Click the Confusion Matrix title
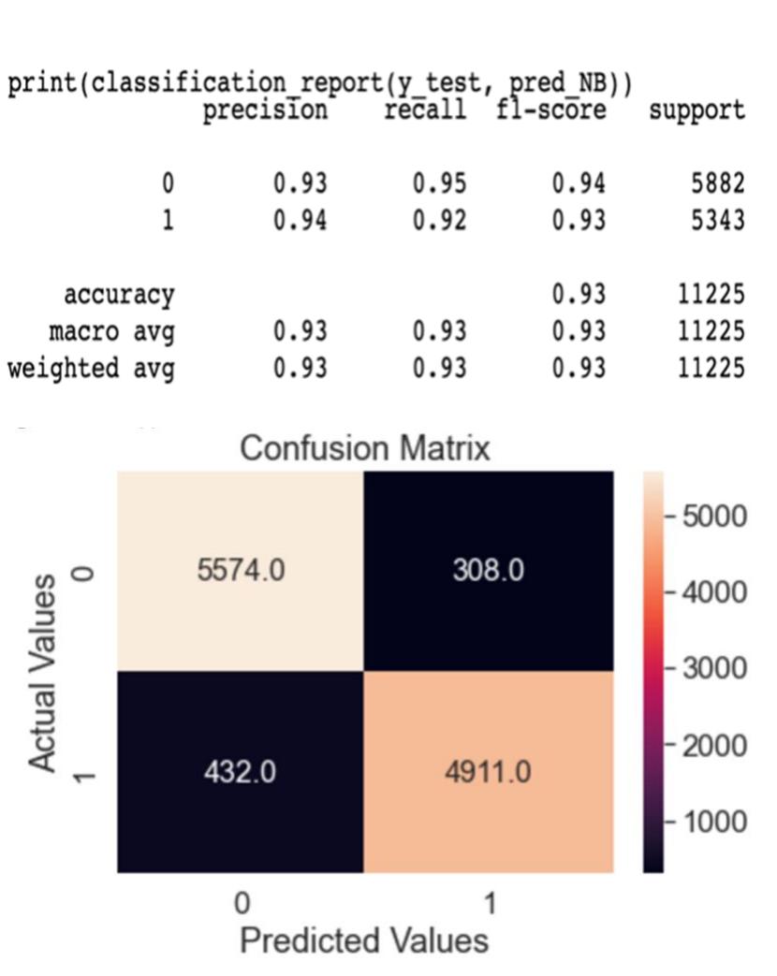(364, 449)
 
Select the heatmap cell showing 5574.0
(241, 571)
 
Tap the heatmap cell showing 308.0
(489, 571)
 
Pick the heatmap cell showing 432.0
(241, 773)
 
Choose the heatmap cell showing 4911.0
(489, 773)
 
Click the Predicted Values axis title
(364, 940)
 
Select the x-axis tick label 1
(489, 903)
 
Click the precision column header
(267, 110)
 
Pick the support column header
(697, 110)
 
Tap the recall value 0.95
(439, 183)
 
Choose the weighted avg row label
(91, 368)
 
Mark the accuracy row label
(119, 295)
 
